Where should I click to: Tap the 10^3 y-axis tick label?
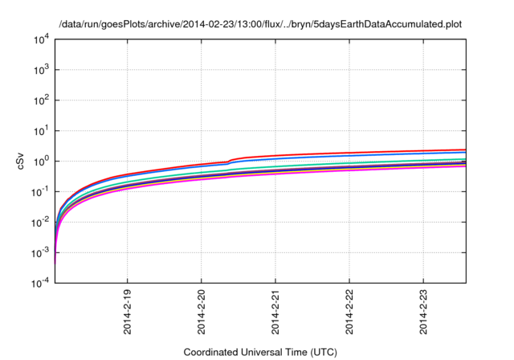(41, 70)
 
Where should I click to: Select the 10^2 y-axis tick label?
(41, 100)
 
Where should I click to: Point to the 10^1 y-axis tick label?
(41, 130)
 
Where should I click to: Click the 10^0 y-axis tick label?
(41, 161)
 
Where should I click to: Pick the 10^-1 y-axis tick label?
(40, 191)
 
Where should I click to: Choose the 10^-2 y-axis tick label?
(40, 222)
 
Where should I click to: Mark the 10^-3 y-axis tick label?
(40, 252)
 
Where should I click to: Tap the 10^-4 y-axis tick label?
(40, 282)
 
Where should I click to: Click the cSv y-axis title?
(22, 162)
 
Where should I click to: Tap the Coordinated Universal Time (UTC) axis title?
(259, 352)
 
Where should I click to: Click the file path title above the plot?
(259, 24)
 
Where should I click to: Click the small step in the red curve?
(230, 161)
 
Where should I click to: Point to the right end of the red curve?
(465, 149)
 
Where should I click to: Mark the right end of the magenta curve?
(465, 166)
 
